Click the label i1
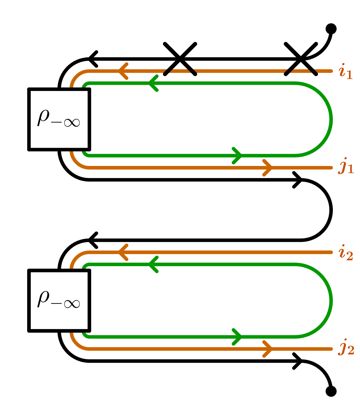[x=346, y=71]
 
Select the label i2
[x=346, y=252]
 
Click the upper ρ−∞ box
[x=59, y=119]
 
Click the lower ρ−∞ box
[x=59, y=301]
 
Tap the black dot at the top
[x=331, y=29]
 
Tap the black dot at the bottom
[x=331, y=391]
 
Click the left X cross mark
[x=180, y=59]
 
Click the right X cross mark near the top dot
[x=301, y=59]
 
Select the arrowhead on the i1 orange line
[x=123, y=71]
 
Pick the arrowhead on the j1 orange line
[x=268, y=168]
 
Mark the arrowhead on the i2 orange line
[x=123, y=252]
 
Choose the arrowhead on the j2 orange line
[x=268, y=349]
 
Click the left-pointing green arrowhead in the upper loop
[x=153, y=83]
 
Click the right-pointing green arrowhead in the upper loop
[x=237, y=155]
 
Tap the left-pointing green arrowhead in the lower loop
[x=153, y=265]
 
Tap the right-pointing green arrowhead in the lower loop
[x=237, y=337]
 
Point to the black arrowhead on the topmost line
[x=93, y=59]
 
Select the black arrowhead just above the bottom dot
[x=298, y=361]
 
